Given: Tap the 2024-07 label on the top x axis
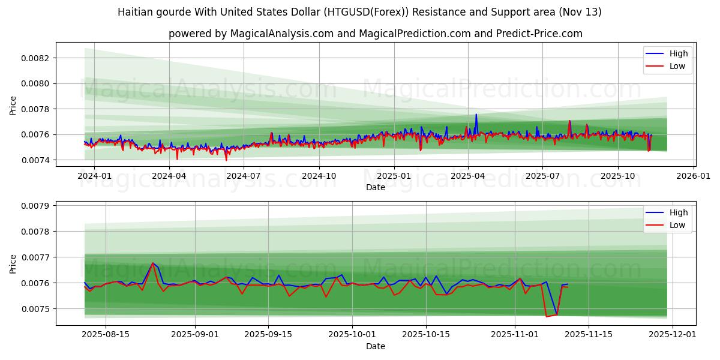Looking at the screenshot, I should [x=244, y=176].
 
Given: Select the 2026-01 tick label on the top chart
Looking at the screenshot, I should [x=694, y=176].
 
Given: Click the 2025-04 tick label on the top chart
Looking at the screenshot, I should [x=469, y=176].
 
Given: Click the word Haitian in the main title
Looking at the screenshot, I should [x=136, y=12].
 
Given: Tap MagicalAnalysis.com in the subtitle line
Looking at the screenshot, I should [x=281, y=34].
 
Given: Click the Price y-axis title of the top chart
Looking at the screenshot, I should [x=13, y=106].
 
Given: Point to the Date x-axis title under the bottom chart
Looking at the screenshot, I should [x=376, y=346].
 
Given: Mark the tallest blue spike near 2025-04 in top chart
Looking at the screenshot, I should [x=476, y=115].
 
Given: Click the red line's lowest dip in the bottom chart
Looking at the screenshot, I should [x=547, y=316].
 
